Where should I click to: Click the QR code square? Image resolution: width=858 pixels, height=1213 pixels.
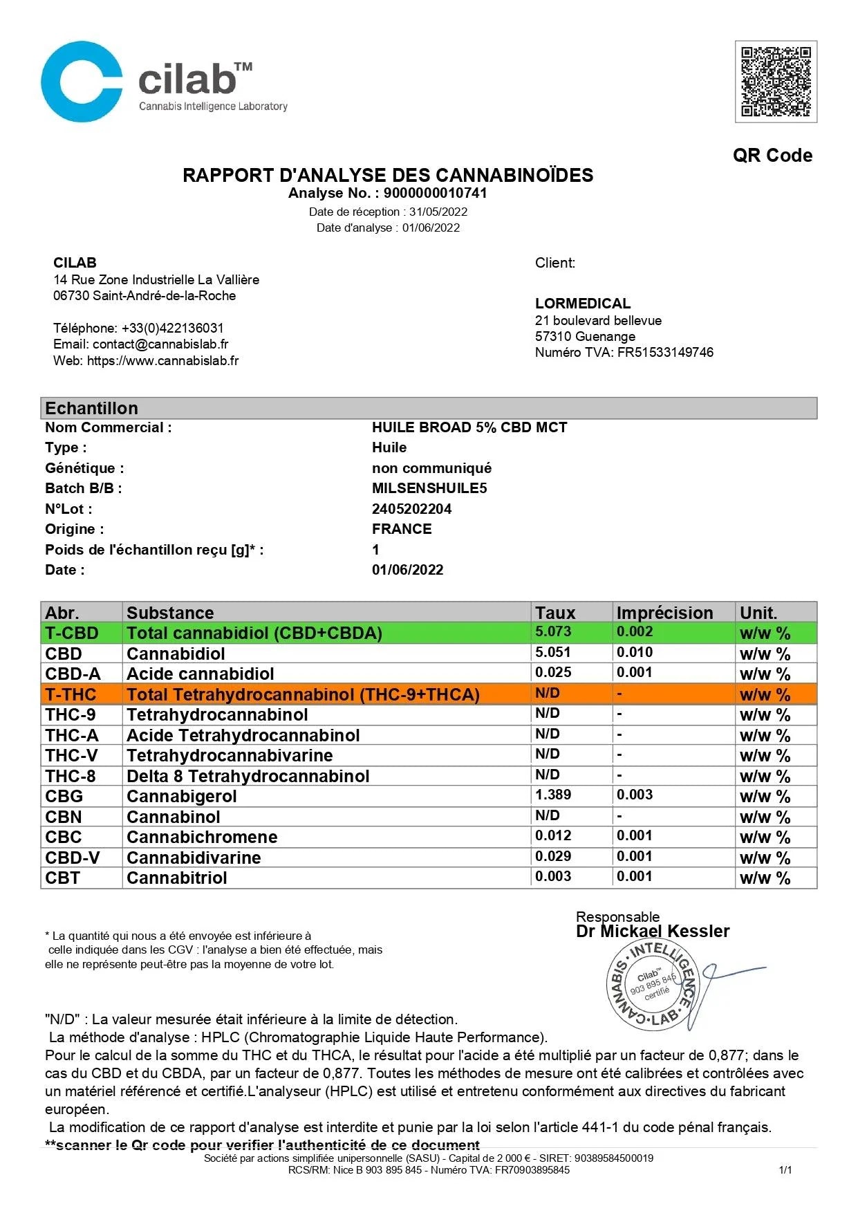[775, 82]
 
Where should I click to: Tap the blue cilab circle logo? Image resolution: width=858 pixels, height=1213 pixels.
[82, 82]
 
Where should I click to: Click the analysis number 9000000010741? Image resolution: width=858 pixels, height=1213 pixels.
[435, 193]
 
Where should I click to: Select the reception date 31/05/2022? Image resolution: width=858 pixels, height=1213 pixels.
[438, 212]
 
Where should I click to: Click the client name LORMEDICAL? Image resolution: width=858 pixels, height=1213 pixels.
[582, 303]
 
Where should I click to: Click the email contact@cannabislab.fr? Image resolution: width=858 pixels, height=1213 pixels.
[160, 344]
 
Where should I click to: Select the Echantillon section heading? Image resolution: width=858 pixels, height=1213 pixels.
[91, 408]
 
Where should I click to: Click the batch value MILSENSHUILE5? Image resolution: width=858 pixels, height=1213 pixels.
[429, 488]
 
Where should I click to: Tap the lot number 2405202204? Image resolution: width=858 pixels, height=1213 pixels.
[411, 509]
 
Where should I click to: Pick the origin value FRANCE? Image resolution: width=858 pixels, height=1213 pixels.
[401, 529]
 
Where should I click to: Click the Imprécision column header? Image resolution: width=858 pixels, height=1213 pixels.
[664, 613]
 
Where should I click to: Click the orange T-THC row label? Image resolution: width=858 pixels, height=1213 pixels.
[71, 694]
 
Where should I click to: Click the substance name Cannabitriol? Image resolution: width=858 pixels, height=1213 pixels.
[176, 878]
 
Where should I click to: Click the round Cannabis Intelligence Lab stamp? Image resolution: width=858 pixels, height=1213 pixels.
[652, 984]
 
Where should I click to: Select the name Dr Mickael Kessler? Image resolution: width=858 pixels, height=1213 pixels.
[652, 932]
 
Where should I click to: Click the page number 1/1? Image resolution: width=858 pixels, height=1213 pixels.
[785, 1170]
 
